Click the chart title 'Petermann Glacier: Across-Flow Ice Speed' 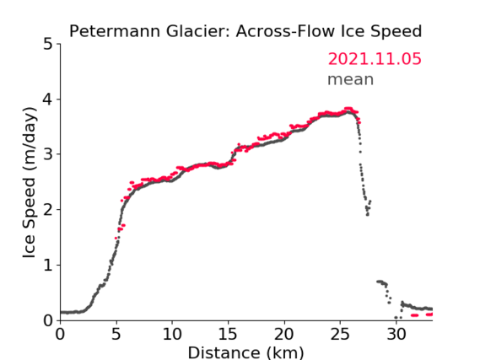pos(245,31)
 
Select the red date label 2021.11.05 pos(375,59)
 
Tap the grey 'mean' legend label pos(351,79)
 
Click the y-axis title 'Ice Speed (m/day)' pos(30,182)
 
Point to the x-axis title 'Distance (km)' pos(245,352)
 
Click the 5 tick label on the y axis pos(48,45)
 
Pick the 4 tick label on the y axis pos(48,99)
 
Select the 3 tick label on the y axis pos(48,155)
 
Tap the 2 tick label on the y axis pos(48,210)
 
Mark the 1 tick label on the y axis pos(48,266)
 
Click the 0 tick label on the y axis pos(48,320)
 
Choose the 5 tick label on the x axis pos(116,334)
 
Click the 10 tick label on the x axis pos(172,334)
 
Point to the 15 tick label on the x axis pos(228,334)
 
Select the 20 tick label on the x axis pos(284,334)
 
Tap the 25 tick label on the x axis pos(340,334)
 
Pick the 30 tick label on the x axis pos(396,334)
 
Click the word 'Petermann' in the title pos(115,31)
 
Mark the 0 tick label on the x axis pos(60,334)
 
